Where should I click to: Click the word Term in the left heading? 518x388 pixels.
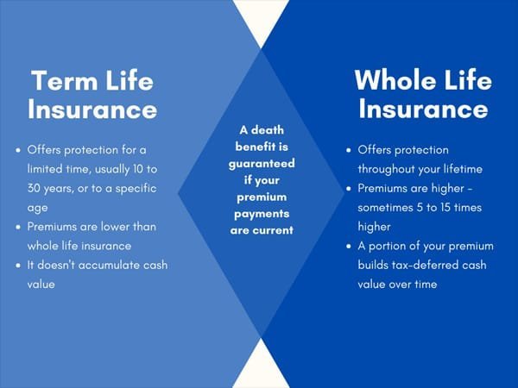point(62,82)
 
